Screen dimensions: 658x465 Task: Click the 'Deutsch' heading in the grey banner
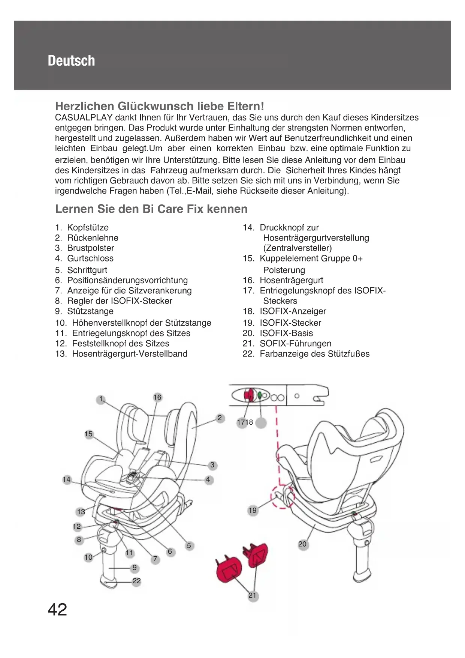click(71, 61)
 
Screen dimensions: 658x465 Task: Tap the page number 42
click(57, 610)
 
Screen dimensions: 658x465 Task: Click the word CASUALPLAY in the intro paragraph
click(84, 118)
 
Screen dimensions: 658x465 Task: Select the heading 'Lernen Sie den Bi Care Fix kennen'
click(151, 209)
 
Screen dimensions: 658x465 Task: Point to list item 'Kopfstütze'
click(88, 228)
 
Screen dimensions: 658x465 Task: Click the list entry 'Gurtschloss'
click(90, 258)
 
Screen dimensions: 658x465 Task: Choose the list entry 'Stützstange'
click(90, 311)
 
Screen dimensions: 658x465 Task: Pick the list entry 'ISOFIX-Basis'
click(286, 333)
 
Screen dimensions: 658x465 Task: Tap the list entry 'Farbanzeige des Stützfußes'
click(314, 354)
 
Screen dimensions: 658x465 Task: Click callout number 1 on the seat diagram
click(100, 399)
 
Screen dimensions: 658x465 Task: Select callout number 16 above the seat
click(157, 397)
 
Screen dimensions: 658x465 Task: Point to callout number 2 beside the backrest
click(220, 418)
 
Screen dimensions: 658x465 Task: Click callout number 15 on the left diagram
click(88, 434)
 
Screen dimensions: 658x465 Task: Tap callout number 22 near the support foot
click(137, 581)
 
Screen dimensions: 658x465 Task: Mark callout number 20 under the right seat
click(302, 544)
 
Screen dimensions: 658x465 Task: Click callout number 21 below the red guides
click(253, 595)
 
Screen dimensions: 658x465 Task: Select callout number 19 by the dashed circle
click(253, 510)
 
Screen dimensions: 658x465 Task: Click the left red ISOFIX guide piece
click(230, 570)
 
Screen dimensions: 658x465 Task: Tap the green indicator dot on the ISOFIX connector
click(260, 395)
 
